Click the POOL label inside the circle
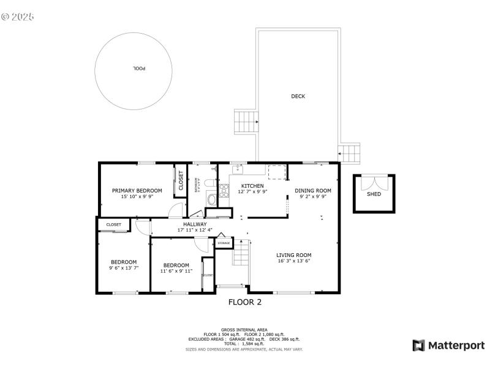139,69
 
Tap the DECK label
298,96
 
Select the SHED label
374,194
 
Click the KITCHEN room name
252,186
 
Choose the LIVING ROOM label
294,255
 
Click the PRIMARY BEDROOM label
137,190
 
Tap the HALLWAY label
195,224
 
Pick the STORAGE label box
224,243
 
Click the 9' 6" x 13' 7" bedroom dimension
124,268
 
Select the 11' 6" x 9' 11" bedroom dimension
176,271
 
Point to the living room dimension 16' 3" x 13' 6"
294,261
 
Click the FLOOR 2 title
245,302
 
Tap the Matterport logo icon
419,346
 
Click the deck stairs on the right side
350,154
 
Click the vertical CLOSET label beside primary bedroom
181,180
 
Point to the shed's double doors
374,182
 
